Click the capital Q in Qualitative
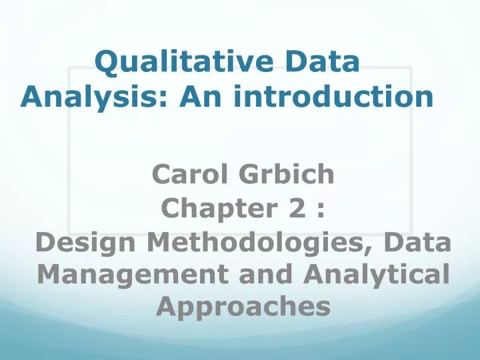click(x=107, y=63)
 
